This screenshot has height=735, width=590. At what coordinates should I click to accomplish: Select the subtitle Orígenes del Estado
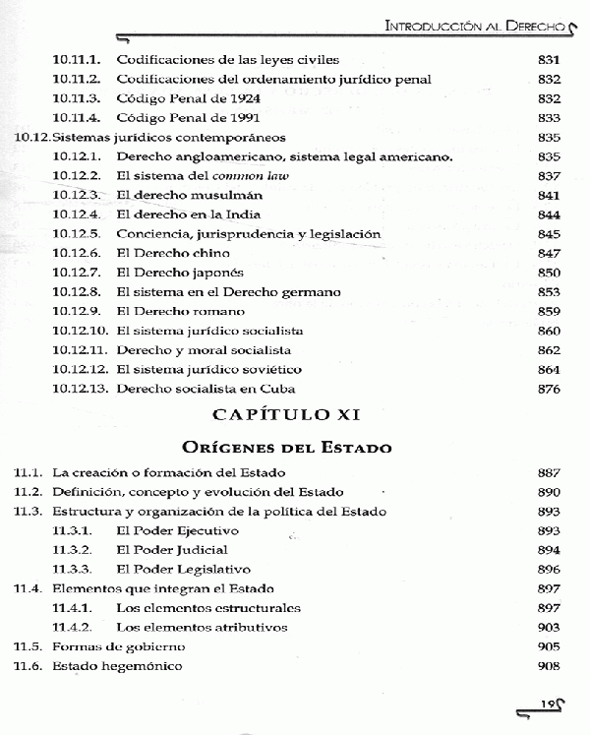(296, 448)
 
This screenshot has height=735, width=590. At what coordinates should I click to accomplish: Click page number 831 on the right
(549, 60)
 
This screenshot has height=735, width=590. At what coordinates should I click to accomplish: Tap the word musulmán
(228, 195)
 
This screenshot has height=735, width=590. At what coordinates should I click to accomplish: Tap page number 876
(549, 389)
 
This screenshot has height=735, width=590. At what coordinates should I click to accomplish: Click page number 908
(549, 666)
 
